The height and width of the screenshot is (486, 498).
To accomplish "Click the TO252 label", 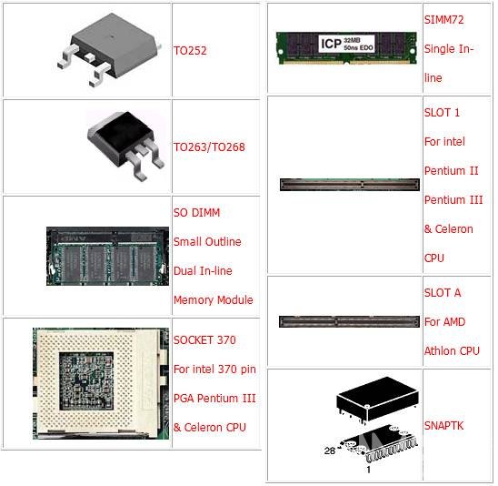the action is coord(190,50).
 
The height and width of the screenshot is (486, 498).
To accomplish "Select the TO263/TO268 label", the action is coord(209,147).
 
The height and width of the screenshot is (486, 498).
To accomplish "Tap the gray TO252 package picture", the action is coord(110,49).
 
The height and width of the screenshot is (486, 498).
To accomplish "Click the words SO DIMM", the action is coord(196,212).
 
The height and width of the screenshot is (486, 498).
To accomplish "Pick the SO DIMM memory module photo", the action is coord(107,256).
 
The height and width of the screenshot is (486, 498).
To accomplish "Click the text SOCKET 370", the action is coord(204,340).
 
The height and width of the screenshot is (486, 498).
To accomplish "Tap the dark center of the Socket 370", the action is coord(86,380).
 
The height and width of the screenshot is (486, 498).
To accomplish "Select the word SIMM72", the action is coord(444,20).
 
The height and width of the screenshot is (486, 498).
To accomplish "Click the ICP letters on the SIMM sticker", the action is coord(331,44).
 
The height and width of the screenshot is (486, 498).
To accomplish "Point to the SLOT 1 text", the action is coord(442,113).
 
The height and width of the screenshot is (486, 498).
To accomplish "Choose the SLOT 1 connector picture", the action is coord(350,185).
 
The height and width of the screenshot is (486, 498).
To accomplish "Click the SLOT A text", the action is coord(443,293).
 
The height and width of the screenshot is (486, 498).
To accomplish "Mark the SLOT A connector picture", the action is coord(349,321).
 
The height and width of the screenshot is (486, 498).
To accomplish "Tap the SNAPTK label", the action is coord(443,425).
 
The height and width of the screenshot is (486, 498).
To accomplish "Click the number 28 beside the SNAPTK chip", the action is coord(330,451).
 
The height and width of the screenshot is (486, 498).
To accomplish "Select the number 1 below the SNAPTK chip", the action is coord(368,470).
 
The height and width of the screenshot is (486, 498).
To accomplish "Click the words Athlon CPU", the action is coord(452,350).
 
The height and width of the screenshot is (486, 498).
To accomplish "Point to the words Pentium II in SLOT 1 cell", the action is coord(452,171).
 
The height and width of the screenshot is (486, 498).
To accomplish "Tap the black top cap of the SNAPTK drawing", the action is coord(377,399).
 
